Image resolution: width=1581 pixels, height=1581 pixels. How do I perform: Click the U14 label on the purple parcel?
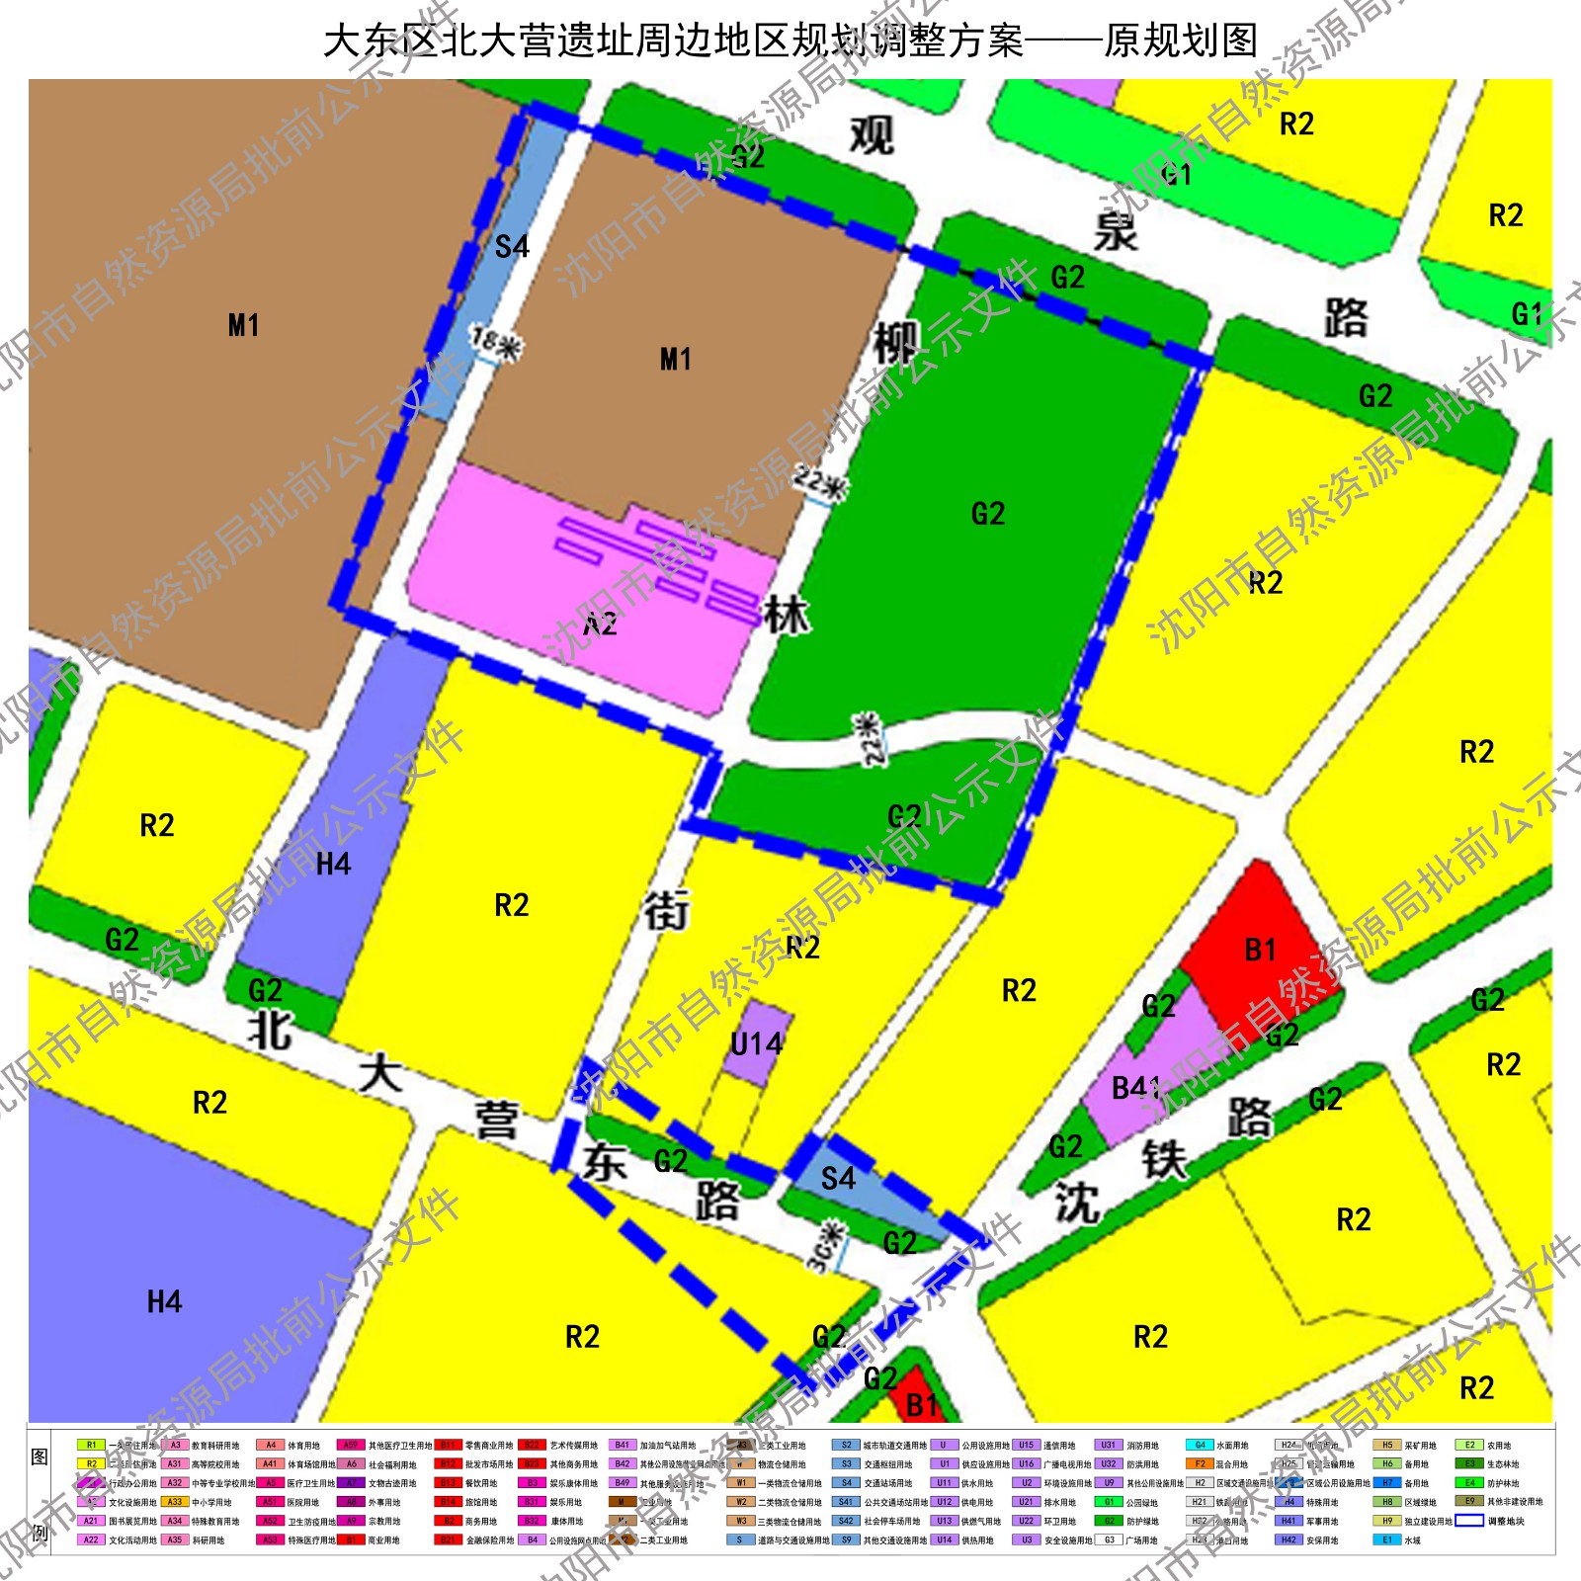pyautogui.click(x=757, y=1043)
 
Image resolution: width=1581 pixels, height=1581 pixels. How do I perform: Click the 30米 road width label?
pyautogui.click(x=827, y=1247)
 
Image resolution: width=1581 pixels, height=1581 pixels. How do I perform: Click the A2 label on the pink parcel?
pyautogui.click(x=600, y=624)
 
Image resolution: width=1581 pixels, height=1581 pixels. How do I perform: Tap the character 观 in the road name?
pyautogui.click(x=872, y=135)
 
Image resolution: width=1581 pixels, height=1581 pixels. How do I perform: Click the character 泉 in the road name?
pyautogui.click(x=1117, y=230)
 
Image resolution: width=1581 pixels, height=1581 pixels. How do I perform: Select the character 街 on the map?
pyautogui.click(x=667, y=910)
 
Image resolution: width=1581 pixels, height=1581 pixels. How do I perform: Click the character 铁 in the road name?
pyautogui.click(x=1164, y=1159)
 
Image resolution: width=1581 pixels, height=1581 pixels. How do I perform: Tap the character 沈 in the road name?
pyautogui.click(x=1076, y=1203)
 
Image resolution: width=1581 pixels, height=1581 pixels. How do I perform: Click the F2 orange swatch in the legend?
pyautogui.click(x=1200, y=1463)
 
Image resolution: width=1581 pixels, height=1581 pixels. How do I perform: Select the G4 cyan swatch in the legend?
pyautogui.click(x=1200, y=1445)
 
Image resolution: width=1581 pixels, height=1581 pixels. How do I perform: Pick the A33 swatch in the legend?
pyautogui.click(x=175, y=1501)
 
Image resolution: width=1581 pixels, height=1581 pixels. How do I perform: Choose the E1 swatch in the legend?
pyautogui.click(x=1386, y=1539)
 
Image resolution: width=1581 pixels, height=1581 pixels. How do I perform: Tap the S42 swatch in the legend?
pyautogui.click(x=846, y=1521)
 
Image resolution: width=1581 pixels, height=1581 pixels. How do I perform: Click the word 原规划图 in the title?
pyautogui.click(x=1181, y=42)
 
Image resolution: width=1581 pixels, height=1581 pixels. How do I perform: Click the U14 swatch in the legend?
pyautogui.click(x=945, y=1539)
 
